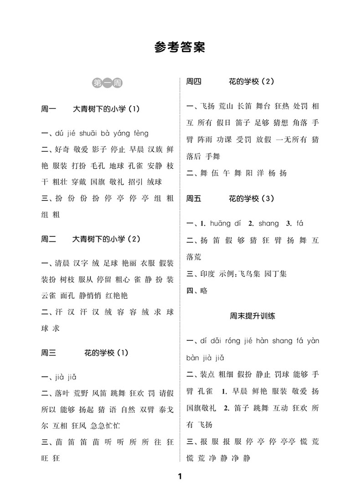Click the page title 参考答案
tap(180, 48)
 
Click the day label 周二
tap(48, 239)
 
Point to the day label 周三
tap(48, 352)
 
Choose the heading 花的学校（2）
tap(251, 82)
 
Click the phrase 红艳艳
tap(117, 295)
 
